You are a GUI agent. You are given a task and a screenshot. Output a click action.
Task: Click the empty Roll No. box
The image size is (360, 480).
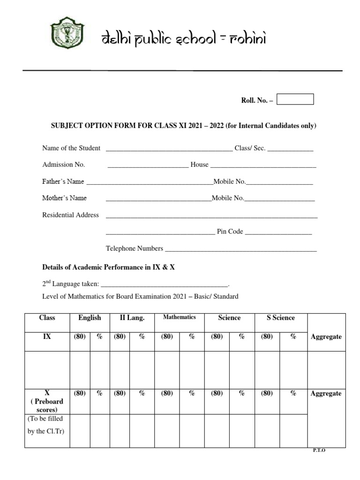click(295, 99)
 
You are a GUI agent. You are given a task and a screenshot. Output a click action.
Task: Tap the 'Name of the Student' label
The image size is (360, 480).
click(71, 148)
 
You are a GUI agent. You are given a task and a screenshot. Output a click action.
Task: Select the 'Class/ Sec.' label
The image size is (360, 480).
click(250, 148)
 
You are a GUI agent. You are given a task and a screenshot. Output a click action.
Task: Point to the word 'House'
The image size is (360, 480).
click(199, 165)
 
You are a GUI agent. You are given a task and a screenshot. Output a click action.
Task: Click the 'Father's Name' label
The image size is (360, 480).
click(63, 182)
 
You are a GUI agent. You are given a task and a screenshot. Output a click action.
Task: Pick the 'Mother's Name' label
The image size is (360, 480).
click(65, 198)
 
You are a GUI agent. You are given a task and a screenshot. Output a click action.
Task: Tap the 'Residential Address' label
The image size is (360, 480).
click(70, 215)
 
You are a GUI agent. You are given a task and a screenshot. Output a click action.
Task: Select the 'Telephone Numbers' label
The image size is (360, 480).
click(135, 248)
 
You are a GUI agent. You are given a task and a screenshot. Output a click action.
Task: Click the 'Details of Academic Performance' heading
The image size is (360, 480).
click(108, 267)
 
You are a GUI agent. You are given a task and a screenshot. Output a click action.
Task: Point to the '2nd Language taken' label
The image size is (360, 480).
click(70, 284)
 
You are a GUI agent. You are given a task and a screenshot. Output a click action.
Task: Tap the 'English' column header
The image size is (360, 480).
click(90, 318)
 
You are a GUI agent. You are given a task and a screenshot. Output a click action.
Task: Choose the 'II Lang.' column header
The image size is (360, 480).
click(132, 318)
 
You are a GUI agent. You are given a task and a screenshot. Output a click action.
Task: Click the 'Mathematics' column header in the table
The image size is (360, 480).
click(179, 317)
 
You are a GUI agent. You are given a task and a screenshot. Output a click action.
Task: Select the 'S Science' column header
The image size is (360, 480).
click(280, 318)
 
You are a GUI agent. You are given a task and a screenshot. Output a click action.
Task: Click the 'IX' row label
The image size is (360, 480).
click(47, 337)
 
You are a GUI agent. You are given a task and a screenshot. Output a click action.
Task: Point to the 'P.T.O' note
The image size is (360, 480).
click(319, 450)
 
